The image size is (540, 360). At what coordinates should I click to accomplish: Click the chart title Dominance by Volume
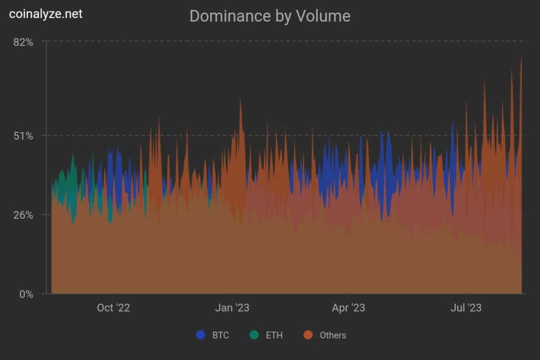[x=269, y=16]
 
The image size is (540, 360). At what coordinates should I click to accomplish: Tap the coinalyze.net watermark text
[x=46, y=14]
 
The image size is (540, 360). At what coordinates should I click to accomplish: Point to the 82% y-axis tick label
[x=23, y=42]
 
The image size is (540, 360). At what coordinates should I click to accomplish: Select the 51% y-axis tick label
[x=23, y=136]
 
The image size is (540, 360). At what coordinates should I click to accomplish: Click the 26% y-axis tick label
[x=23, y=215]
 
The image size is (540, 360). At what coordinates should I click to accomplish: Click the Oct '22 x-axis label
[x=113, y=308]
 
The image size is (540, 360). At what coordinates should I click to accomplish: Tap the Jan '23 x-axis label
[x=233, y=308]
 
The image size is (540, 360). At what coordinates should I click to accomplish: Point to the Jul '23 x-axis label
[x=466, y=308]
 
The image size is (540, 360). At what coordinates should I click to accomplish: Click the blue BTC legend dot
[x=200, y=335]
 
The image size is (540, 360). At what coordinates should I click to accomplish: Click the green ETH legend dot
[x=255, y=335]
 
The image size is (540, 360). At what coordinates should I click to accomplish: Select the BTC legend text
[x=220, y=335]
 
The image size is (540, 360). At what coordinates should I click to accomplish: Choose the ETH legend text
[x=274, y=335]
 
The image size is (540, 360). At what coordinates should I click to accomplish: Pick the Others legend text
[x=333, y=335]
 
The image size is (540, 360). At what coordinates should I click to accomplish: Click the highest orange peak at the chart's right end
[x=521, y=58]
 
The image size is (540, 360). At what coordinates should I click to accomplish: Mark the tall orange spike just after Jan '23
[x=240, y=101]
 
